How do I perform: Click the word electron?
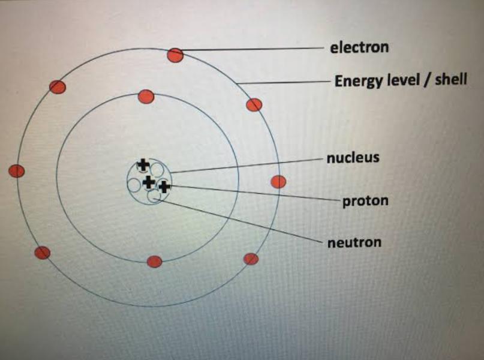(359, 47)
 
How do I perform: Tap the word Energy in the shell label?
(356, 80)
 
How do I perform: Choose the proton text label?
(365, 201)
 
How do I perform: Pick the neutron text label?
(354, 242)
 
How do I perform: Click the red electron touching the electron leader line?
(175, 55)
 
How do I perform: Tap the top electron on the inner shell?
(146, 96)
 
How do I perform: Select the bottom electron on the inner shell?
(155, 262)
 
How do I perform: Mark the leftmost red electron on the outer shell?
(17, 171)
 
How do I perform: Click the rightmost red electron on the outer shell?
(278, 181)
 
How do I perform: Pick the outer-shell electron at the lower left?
(42, 253)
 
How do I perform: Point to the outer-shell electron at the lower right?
(251, 259)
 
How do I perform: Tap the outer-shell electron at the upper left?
(58, 87)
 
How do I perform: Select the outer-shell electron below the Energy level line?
(254, 105)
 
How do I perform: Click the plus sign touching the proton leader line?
(163, 187)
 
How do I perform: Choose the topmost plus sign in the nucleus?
(143, 164)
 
